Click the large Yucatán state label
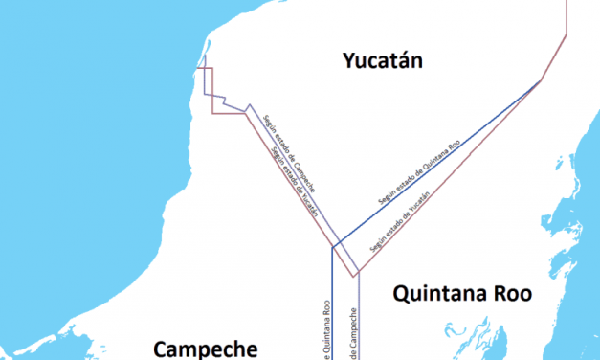[383, 62]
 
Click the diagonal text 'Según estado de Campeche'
[291, 150]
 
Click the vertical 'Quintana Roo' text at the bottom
[326, 330]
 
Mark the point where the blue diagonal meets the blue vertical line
[332, 248]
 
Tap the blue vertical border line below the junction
[332, 306]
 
